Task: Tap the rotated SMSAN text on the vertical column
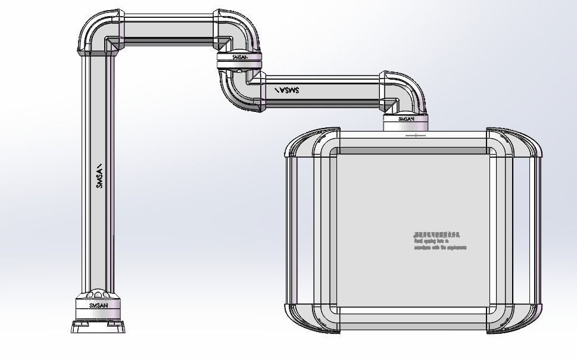tap(100, 176)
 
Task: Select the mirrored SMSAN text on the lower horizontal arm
tap(287, 90)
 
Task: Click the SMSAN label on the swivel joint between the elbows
tap(238, 58)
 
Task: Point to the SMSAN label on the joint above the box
tap(404, 119)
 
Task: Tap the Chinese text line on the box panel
tap(436, 235)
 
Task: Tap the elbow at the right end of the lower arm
tap(405, 92)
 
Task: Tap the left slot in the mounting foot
tap(79, 327)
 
